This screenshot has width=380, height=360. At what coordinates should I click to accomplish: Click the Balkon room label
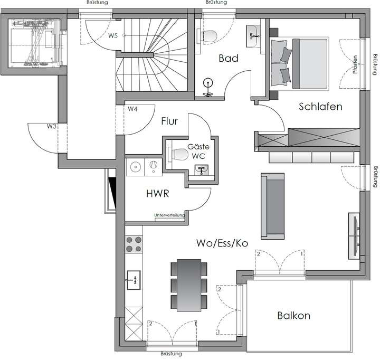pos(293,316)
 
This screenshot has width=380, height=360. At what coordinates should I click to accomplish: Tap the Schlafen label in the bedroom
pos(320,107)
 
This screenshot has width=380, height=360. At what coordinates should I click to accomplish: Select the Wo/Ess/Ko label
pos(222,243)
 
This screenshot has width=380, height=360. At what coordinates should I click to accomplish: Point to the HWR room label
pos(157,194)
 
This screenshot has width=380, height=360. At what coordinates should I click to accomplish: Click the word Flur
pos(170,121)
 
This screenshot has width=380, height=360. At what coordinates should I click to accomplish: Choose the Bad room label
pos(229,59)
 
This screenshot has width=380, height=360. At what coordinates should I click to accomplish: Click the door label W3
pos(51,127)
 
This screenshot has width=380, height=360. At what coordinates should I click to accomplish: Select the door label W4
pos(132,109)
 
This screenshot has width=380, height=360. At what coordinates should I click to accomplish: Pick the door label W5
pos(113,36)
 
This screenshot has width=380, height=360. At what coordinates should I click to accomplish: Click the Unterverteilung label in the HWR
pos(169,215)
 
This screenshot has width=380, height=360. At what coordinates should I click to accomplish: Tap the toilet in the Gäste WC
pos(178,154)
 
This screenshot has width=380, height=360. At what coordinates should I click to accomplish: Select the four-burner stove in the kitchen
pos(134,244)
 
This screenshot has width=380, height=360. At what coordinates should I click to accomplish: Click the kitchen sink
pos(134,278)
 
